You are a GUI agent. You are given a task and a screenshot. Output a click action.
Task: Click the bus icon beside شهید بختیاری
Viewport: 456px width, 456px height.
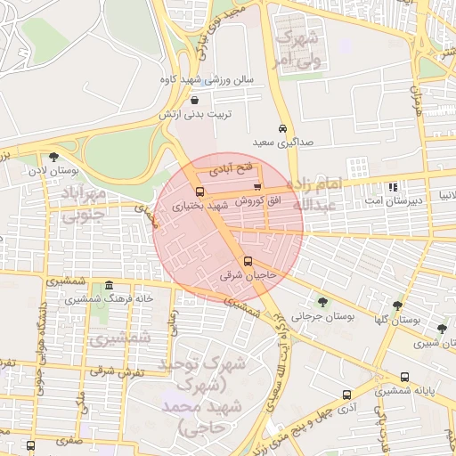(199, 191)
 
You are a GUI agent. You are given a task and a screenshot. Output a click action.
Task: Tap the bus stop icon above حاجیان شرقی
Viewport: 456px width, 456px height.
(248, 262)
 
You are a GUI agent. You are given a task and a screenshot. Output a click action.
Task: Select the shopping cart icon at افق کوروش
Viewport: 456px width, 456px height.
(257, 187)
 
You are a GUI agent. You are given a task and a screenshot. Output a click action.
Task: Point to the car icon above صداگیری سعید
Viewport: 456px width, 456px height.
(283, 127)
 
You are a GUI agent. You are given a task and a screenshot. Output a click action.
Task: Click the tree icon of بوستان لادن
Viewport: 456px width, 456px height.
(54, 157)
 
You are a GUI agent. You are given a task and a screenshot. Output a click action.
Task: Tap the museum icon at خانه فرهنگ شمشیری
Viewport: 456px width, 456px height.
(109, 286)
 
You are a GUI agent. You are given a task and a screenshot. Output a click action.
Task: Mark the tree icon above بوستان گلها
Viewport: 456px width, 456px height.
(397, 305)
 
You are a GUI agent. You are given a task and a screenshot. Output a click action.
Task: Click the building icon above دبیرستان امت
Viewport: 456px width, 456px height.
(393, 187)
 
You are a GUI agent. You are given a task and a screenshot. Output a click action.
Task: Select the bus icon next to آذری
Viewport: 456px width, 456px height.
(346, 395)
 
